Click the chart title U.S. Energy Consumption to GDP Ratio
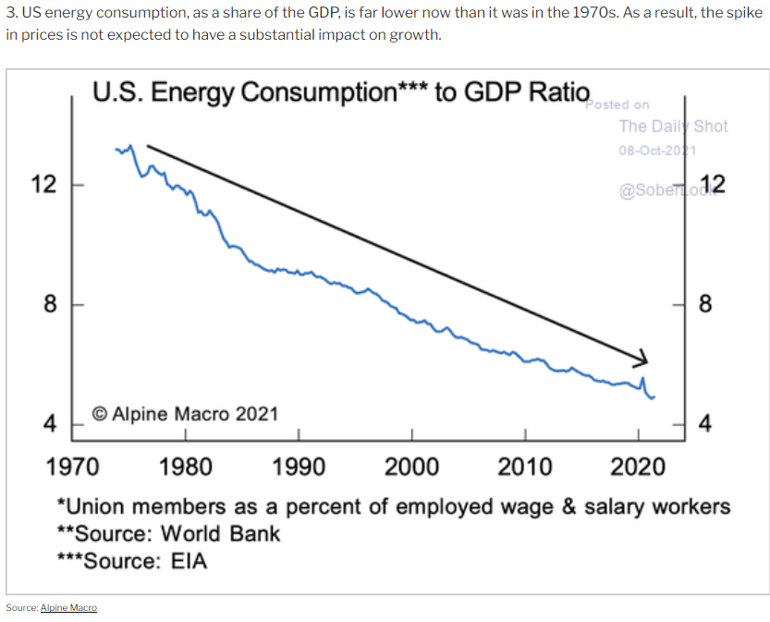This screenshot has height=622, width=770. click(x=340, y=92)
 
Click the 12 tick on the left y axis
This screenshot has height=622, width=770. click(x=43, y=184)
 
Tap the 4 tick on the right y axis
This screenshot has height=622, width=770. click(x=705, y=424)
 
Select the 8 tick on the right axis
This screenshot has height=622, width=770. click(x=705, y=304)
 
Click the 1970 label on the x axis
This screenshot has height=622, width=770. click(x=72, y=466)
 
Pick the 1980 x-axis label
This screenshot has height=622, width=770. click(x=185, y=466)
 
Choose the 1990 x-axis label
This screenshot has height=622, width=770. click(x=299, y=466)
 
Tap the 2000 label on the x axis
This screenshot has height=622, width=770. click(x=411, y=466)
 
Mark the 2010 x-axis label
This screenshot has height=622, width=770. click(x=524, y=466)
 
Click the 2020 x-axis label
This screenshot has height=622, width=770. click(x=638, y=466)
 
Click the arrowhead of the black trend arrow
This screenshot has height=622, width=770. click(x=642, y=359)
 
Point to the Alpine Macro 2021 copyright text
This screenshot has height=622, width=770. click(x=184, y=413)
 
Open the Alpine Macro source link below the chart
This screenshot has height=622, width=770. click(x=68, y=607)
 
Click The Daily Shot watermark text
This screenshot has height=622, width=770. click(x=673, y=126)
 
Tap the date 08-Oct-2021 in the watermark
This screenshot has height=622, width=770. click(x=656, y=150)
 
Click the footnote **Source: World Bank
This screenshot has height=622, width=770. click(x=168, y=533)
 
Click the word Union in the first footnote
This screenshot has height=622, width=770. click(x=101, y=506)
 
